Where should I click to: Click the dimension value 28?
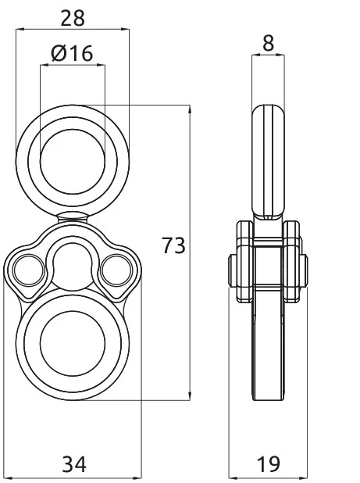pos(73,16)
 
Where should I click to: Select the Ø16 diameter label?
pos(72,54)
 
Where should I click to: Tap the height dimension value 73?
pos(173,246)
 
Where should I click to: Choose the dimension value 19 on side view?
pos(269,465)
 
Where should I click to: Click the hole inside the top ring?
pos(72,151)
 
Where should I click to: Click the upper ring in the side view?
pos(269,156)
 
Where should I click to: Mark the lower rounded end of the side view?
pos(268,391)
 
